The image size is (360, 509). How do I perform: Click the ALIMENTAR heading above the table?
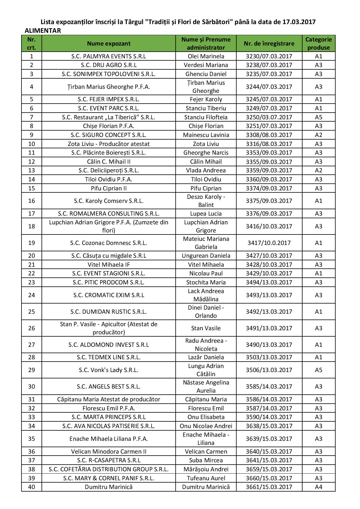tap(43, 31)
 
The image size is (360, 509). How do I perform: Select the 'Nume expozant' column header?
tap(109, 44)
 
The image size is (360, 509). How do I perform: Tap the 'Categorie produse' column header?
tap(318, 44)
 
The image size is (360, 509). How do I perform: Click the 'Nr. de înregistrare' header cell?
tap(269, 44)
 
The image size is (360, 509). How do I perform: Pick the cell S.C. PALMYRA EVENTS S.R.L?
tap(109, 56)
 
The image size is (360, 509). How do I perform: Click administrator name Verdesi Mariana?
tap(206, 65)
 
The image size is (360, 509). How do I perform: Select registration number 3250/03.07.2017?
tap(269, 117)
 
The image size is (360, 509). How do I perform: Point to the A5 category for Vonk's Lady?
tap(318, 370)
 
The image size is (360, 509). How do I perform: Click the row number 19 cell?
tap(32, 243)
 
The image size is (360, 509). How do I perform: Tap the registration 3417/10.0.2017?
tap(269, 243)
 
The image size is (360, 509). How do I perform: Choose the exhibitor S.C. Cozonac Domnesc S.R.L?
tap(109, 243)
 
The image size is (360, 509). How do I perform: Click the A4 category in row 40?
tap(318, 487)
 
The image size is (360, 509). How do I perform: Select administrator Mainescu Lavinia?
tap(206, 135)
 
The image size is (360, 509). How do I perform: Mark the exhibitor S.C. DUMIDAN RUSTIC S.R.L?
tap(109, 312)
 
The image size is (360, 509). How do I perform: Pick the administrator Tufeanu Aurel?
tap(206, 478)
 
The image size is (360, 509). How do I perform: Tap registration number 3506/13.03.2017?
tap(269, 370)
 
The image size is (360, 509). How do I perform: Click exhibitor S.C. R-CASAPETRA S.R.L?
tap(109, 460)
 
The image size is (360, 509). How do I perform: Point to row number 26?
tap(32, 328)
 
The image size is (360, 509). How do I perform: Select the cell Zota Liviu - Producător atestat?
tap(109, 144)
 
